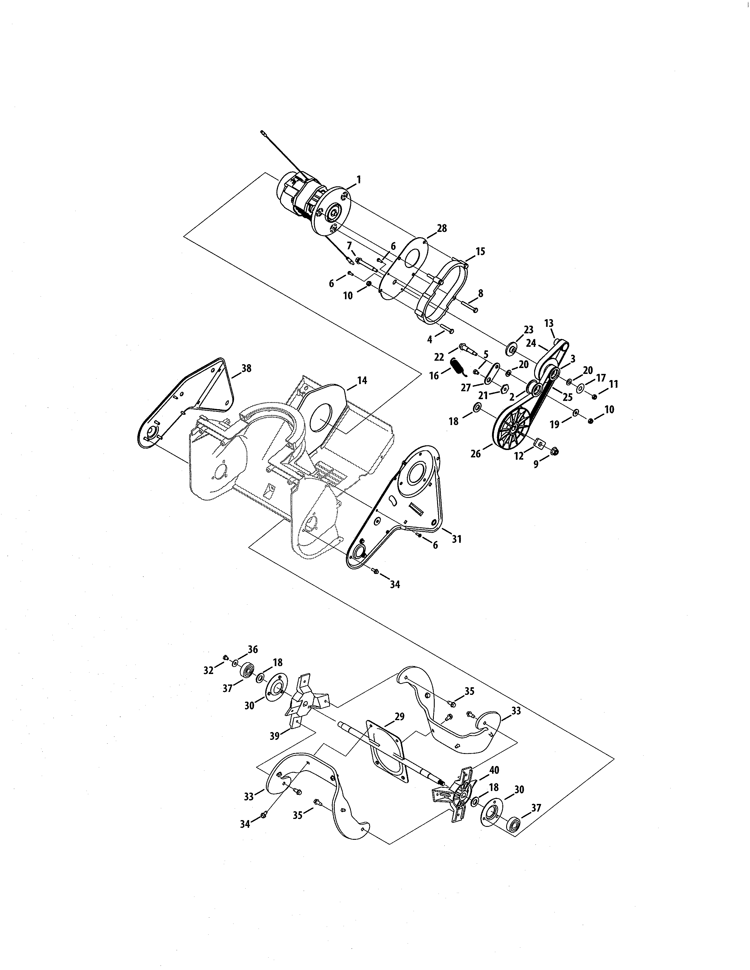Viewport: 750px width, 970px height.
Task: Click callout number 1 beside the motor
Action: [359, 180]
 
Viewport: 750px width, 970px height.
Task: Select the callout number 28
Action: [442, 228]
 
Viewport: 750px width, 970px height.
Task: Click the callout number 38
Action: [246, 368]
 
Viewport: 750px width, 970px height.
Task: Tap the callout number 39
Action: [275, 736]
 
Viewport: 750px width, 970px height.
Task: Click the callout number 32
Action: [209, 671]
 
